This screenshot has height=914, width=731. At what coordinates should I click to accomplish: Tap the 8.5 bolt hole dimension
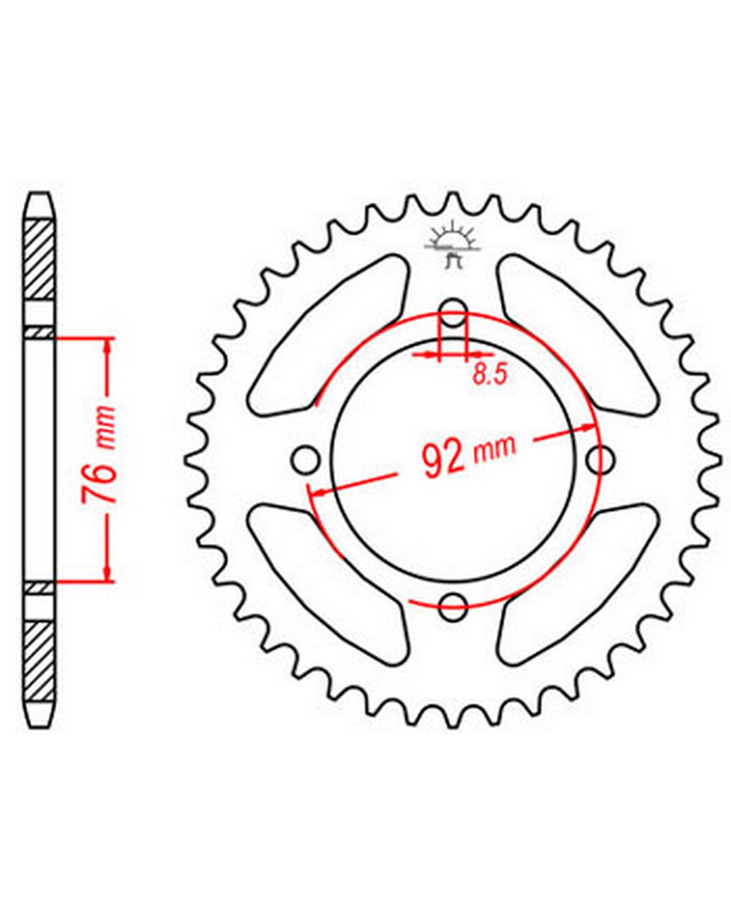(x=490, y=375)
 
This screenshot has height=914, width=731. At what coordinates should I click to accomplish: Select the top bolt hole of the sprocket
(x=453, y=313)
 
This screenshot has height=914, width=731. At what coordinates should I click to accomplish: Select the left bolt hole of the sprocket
(x=306, y=459)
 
